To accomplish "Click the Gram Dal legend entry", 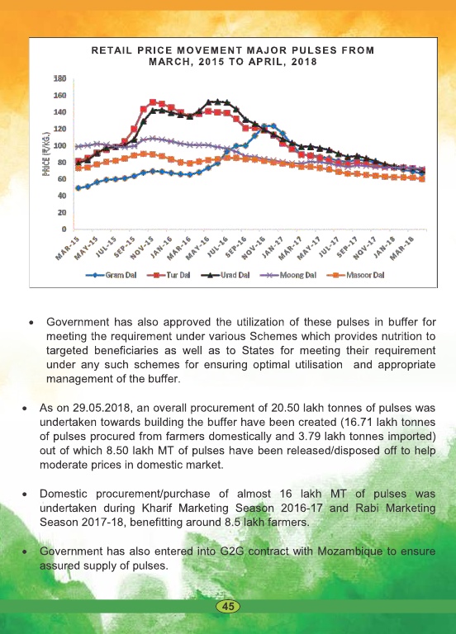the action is [x=112, y=276].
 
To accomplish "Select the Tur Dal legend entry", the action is [x=169, y=276].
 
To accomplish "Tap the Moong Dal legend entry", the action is [x=287, y=276].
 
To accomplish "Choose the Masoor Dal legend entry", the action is [x=355, y=276].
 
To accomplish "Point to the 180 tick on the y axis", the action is [x=59, y=78].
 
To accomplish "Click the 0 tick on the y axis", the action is [x=64, y=229].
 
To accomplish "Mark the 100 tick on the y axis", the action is [x=59, y=145].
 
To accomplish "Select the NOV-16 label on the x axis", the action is [x=254, y=248].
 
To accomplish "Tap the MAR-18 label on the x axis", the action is [x=403, y=248].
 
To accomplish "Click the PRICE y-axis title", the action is [x=46, y=154].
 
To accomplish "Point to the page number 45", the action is [x=228, y=606].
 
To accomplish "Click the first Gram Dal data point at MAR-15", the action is [x=78, y=188].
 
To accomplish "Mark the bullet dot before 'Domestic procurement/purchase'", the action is [x=25, y=494].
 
